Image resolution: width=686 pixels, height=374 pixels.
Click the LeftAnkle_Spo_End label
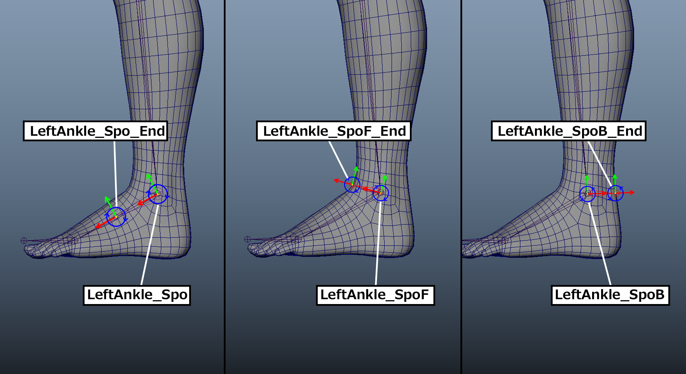[x=95, y=131]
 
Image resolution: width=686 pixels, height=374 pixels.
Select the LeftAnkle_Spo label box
[x=137, y=295]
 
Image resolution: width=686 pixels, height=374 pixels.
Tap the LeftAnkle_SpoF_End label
[x=334, y=131]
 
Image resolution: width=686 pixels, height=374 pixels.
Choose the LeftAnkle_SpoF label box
[x=375, y=295]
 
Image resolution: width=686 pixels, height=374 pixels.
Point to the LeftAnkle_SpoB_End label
[x=569, y=131]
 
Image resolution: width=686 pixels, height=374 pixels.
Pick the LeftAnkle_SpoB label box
[x=610, y=295]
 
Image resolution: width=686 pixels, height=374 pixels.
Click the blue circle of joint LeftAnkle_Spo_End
[x=116, y=217]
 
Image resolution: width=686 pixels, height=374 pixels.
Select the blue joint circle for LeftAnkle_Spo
[x=158, y=194]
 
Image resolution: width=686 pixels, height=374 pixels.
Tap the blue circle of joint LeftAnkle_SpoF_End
[x=352, y=185]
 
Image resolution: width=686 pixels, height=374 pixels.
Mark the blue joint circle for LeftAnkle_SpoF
[x=380, y=193]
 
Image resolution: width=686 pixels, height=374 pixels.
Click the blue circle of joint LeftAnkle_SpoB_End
[x=615, y=193]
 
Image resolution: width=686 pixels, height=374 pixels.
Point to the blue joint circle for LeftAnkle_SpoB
[x=587, y=194]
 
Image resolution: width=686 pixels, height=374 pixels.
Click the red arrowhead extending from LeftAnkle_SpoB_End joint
[x=633, y=192]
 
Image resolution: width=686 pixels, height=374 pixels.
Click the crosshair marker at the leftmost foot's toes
[x=24, y=240]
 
